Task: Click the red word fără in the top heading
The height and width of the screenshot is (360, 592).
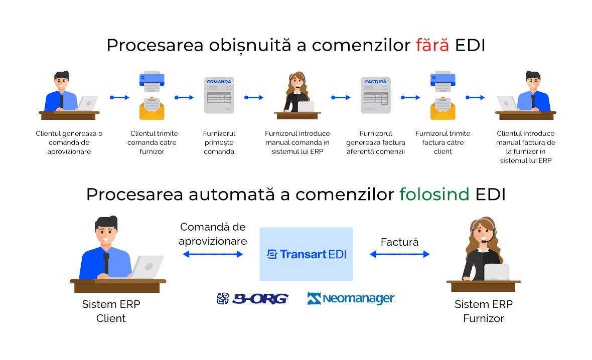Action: click(432, 45)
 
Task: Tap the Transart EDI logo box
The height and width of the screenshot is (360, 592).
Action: click(306, 254)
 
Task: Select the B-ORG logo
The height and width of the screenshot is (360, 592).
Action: click(252, 299)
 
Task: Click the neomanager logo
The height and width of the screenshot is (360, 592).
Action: click(352, 299)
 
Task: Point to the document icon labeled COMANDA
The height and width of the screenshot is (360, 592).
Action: click(219, 95)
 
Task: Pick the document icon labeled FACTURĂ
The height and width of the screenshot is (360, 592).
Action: click(376, 95)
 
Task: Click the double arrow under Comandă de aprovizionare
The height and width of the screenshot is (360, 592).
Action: click(213, 255)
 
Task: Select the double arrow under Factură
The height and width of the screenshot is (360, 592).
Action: click(400, 255)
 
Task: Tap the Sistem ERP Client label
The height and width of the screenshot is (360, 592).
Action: click(111, 311)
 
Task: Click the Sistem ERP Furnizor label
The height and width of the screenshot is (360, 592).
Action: click(484, 311)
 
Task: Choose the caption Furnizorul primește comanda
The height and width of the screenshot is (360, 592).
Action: click(219, 142)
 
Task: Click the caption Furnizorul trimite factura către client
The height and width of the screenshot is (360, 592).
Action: click(443, 142)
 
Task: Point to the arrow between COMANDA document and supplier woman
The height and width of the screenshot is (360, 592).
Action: click(254, 98)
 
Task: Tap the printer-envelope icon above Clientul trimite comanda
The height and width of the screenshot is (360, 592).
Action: click(152, 95)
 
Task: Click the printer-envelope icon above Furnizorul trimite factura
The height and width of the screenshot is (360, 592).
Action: click(443, 95)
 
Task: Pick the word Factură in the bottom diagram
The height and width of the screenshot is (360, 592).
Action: click(399, 242)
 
